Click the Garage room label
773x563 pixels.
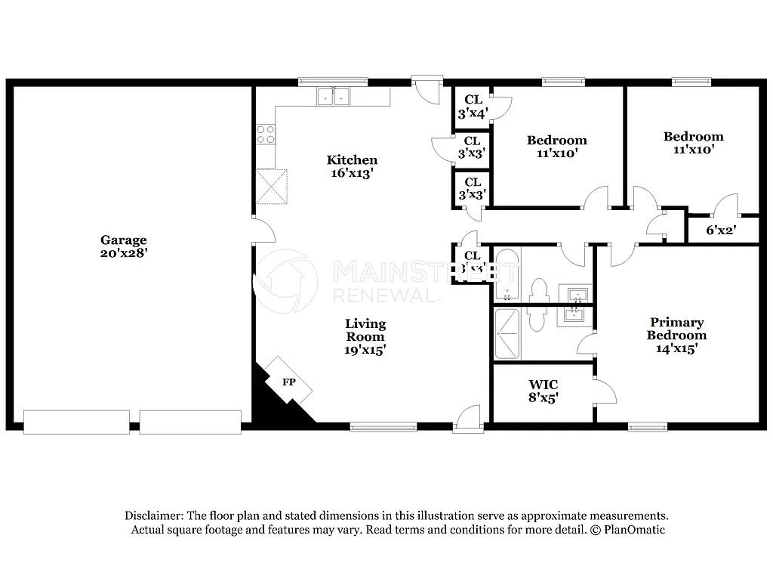pyautogui.click(x=124, y=240)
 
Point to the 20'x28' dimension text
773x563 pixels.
pyautogui.click(x=124, y=254)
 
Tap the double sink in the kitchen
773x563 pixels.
pyautogui.click(x=333, y=97)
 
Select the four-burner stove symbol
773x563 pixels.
pyautogui.click(x=266, y=135)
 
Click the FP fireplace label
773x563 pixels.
pyautogui.click(x=288, y=382)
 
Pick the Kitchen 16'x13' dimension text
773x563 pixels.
pyautogui.click(x=352, y=173)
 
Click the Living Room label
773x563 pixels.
pyautogui.click(x=365, y=330)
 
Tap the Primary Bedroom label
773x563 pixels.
pyautogui.click(x=676, y=329)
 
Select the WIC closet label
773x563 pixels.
pyautogui.click(x=543, y=385)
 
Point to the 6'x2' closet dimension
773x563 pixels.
pyautogui.click(x=721, y=230)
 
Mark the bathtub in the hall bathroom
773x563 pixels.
pyautogui.click(x=506, y=276)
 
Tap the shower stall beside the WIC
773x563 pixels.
pyautogui.click(x=507, y=333)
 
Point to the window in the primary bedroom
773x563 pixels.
pyautogui.click(x=648, y=427)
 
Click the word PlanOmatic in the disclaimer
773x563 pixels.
pyautogui.click(x=635, y=530)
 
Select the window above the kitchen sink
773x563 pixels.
pyautogui.click(x=322, y=82)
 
